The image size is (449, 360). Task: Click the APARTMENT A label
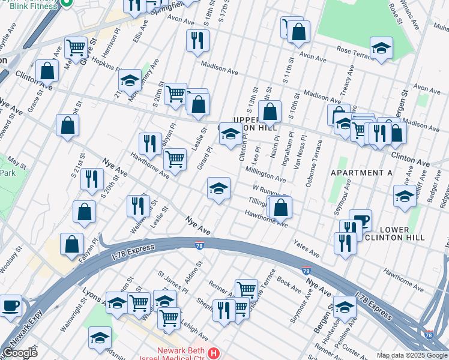coord(361,173)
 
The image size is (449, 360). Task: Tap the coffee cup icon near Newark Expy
coord(10,305)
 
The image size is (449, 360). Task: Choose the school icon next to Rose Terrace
coord(381,50)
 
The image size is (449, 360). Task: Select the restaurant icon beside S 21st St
coord(92,179)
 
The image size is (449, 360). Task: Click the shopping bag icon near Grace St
coord(47,70)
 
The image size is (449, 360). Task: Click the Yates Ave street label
coord(306,250)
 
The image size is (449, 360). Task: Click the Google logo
coord(20,353)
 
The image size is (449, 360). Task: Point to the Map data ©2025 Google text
coord(412,355)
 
